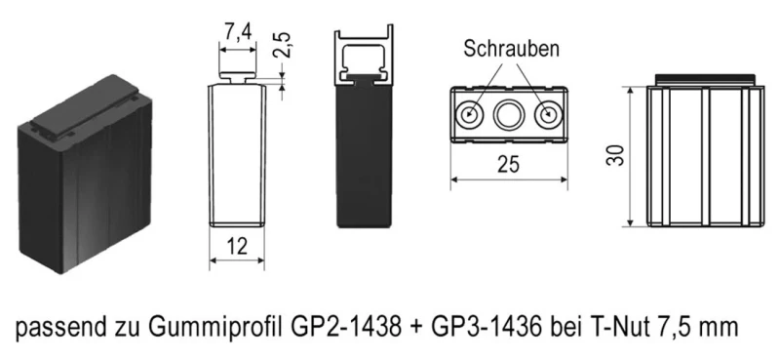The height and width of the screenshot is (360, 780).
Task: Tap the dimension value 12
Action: point(237,248)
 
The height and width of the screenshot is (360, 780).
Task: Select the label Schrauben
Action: point(509,48)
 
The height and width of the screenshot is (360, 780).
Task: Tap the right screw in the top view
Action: point(549,114)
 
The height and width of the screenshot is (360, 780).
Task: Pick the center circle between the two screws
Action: point(510,114)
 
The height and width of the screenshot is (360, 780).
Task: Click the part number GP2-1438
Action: point(340,327)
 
